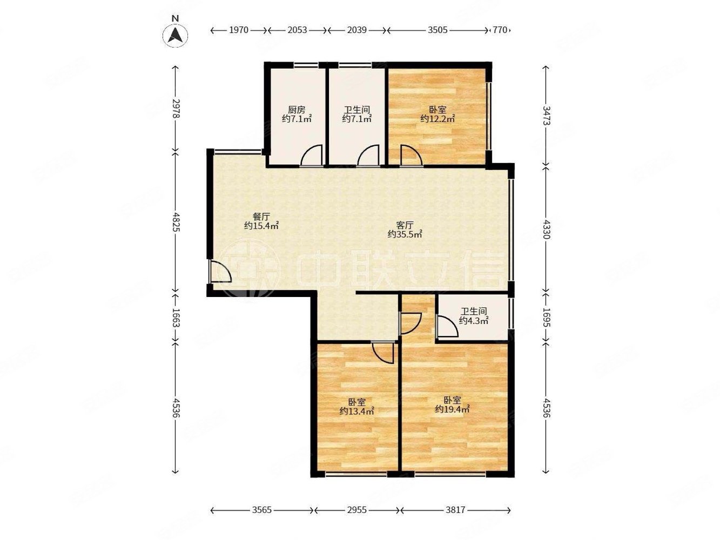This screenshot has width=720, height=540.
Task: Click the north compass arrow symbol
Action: point(176,35)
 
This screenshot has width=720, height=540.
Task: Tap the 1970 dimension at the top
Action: point(238,30)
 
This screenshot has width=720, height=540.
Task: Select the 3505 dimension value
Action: point(438,30)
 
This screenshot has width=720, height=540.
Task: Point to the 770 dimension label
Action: point(500,30)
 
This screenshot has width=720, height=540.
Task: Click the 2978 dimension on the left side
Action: point(176,109)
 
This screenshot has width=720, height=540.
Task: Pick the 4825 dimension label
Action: point(176,222)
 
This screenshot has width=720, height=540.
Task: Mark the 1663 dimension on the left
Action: point(176,318)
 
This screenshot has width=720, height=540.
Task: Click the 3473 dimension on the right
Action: point(546,116)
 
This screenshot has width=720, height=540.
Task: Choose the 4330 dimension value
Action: point(546,230)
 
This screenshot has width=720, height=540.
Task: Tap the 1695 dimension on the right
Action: point(546,318)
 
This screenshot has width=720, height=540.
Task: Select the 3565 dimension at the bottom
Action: point(262,510)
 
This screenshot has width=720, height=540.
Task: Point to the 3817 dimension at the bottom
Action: point(455,510)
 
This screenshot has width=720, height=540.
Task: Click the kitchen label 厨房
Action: point(297,109)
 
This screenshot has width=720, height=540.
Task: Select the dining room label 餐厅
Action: point(261,217)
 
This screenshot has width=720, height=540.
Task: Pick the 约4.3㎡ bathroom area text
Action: point(473,320)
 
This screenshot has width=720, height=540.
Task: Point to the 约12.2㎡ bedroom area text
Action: point(438,118)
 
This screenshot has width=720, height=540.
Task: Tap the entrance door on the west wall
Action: point(220,271)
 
